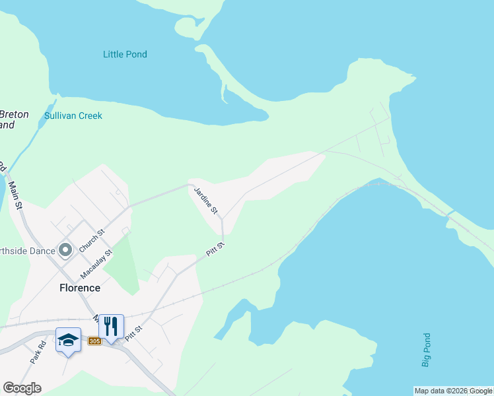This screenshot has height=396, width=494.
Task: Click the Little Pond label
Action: (125, 54)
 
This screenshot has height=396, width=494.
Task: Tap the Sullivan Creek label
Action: (73, 115)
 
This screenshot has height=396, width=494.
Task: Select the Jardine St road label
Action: (205, 201)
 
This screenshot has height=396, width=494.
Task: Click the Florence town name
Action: (80, 288)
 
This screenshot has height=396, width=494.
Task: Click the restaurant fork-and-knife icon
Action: (111, 325)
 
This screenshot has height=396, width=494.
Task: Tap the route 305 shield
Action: (94, 341)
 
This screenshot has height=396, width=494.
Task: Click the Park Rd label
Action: (38, 352)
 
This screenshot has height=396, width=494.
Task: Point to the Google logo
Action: (22, 388)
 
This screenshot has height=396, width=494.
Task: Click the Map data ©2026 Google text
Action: (453, 391)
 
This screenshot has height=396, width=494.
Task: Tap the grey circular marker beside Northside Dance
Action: (65, 249)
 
